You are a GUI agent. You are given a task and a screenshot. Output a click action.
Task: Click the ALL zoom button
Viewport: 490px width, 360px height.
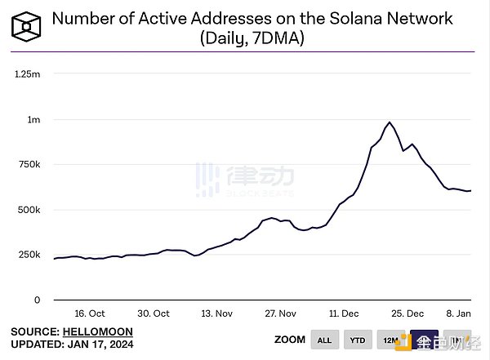pos(325,340)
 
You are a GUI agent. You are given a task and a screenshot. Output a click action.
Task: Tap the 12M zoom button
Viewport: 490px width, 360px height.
pos(391,340)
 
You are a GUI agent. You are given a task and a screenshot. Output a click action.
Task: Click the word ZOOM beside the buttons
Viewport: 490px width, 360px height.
pos(288,340)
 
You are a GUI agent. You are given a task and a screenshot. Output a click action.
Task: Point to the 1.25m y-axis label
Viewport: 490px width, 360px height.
pos(27,74)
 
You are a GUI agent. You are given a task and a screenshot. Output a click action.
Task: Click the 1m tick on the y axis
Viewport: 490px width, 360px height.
pos(33,120)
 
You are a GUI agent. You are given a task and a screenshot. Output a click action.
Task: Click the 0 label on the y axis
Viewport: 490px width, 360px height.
pos(37,300)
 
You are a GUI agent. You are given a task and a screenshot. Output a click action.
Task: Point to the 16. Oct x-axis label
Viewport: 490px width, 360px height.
pos(90,313)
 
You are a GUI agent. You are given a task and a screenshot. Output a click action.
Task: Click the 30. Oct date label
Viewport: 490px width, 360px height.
pos(153,313)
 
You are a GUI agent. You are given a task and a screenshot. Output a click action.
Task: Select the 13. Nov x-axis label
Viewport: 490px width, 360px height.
pos(216,313)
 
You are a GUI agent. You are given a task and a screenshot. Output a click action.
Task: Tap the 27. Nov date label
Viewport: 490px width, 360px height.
pos(280,313)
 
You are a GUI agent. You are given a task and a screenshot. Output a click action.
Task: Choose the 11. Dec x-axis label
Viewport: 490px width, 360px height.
pos(345,313)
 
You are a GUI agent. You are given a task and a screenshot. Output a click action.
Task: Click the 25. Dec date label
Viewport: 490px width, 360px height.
pos(408,313)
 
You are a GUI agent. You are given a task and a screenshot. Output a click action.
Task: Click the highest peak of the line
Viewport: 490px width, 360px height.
pos(390,122)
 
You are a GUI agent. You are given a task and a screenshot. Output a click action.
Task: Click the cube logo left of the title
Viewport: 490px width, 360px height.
pos(28,28)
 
